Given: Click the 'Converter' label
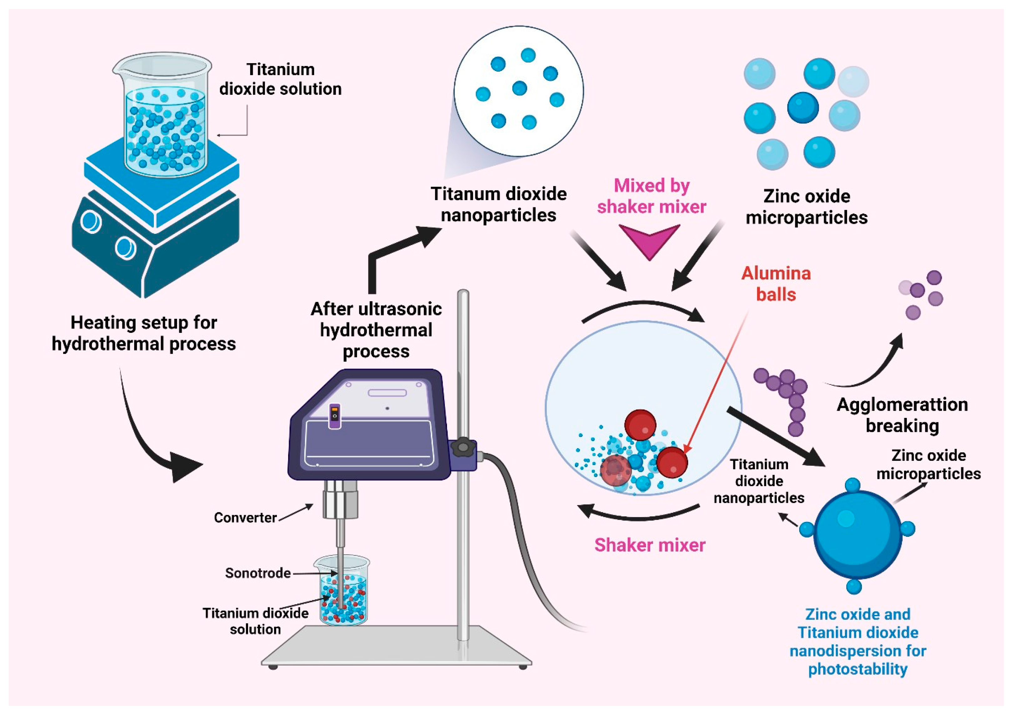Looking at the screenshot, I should pos(245,517).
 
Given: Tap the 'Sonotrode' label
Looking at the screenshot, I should pos(258,573).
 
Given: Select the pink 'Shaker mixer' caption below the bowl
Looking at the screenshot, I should pos(649,545).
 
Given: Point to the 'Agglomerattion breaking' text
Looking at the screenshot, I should pos(902,415).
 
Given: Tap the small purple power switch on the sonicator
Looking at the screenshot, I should pos(334,416).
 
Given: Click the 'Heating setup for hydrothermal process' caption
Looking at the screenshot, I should pos(144,333).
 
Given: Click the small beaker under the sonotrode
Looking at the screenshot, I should pos(343,593).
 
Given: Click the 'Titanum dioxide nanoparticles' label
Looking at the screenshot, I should pos(498,204).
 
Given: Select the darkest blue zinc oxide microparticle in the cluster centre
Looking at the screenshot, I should pos(803,108).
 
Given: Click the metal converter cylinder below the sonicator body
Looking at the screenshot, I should pos(340,500).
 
